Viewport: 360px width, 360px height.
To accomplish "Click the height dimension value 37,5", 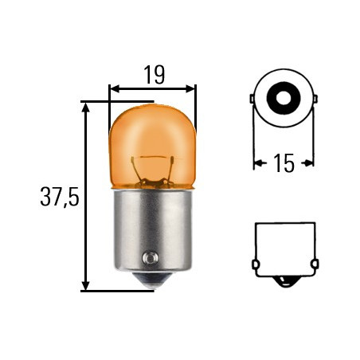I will [x=59, y=197].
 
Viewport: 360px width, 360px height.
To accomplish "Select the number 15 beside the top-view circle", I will [x=284, y=164].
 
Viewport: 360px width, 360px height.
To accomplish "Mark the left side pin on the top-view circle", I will [x=252, y=100].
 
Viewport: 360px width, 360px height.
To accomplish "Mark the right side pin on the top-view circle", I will [x=315, y=100].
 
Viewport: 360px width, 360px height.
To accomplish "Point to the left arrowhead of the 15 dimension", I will [x=257, y=164].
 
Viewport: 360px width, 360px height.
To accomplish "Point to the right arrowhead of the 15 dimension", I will [x=310, y=164].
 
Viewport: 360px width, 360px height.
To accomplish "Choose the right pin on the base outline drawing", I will [x=315, y=264].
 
